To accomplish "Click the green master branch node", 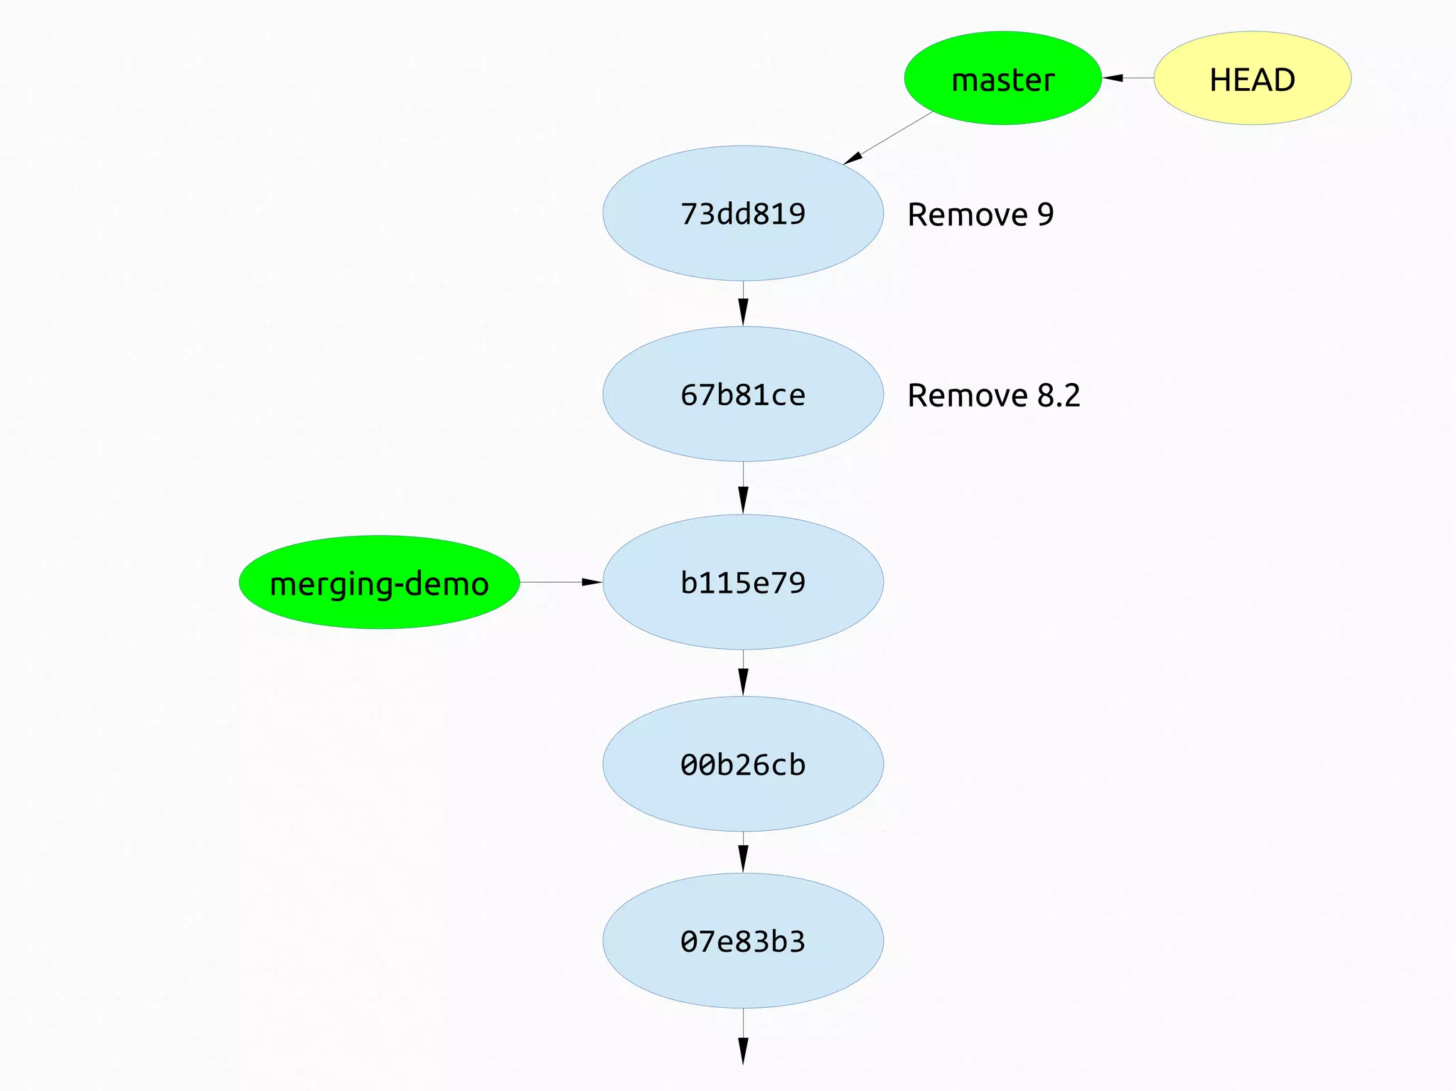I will point(1002,78).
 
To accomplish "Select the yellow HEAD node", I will point(1252,78).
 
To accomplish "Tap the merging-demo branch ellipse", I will point(379,582).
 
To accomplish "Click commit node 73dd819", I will point(743,213).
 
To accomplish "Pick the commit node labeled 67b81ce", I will point(743,394).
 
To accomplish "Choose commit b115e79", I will point(743,582).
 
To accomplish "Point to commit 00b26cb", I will point(743,764).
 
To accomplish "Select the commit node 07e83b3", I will point(743,940).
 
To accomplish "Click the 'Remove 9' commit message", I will point(980,215).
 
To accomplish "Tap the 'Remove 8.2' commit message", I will point(993,395).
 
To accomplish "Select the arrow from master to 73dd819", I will point(889,138).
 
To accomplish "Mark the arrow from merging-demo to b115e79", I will point(561,582).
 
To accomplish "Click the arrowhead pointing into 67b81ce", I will point(743,313).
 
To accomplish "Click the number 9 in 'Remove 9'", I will point(1045,215).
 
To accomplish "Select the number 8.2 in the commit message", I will point(1059,395).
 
